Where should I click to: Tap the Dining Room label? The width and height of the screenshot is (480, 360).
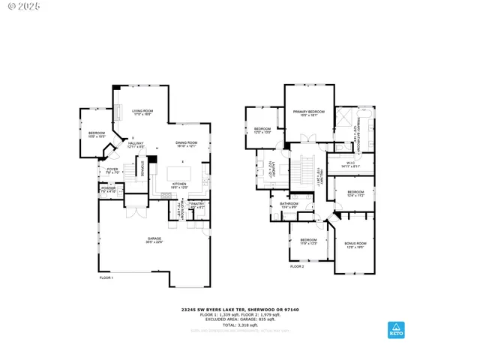(187, 144)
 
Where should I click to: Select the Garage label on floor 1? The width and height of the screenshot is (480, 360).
(154, 240)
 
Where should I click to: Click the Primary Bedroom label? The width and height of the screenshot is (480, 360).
(308, 113)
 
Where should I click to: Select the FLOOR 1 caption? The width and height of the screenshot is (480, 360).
(106, 278)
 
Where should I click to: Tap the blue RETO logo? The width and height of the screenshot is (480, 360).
(394, 330)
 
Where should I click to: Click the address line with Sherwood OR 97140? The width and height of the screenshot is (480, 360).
(238, 308)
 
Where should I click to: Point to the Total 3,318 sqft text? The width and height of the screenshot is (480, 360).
(238, 325)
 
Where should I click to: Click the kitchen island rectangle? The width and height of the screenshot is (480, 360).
(178, 171)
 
